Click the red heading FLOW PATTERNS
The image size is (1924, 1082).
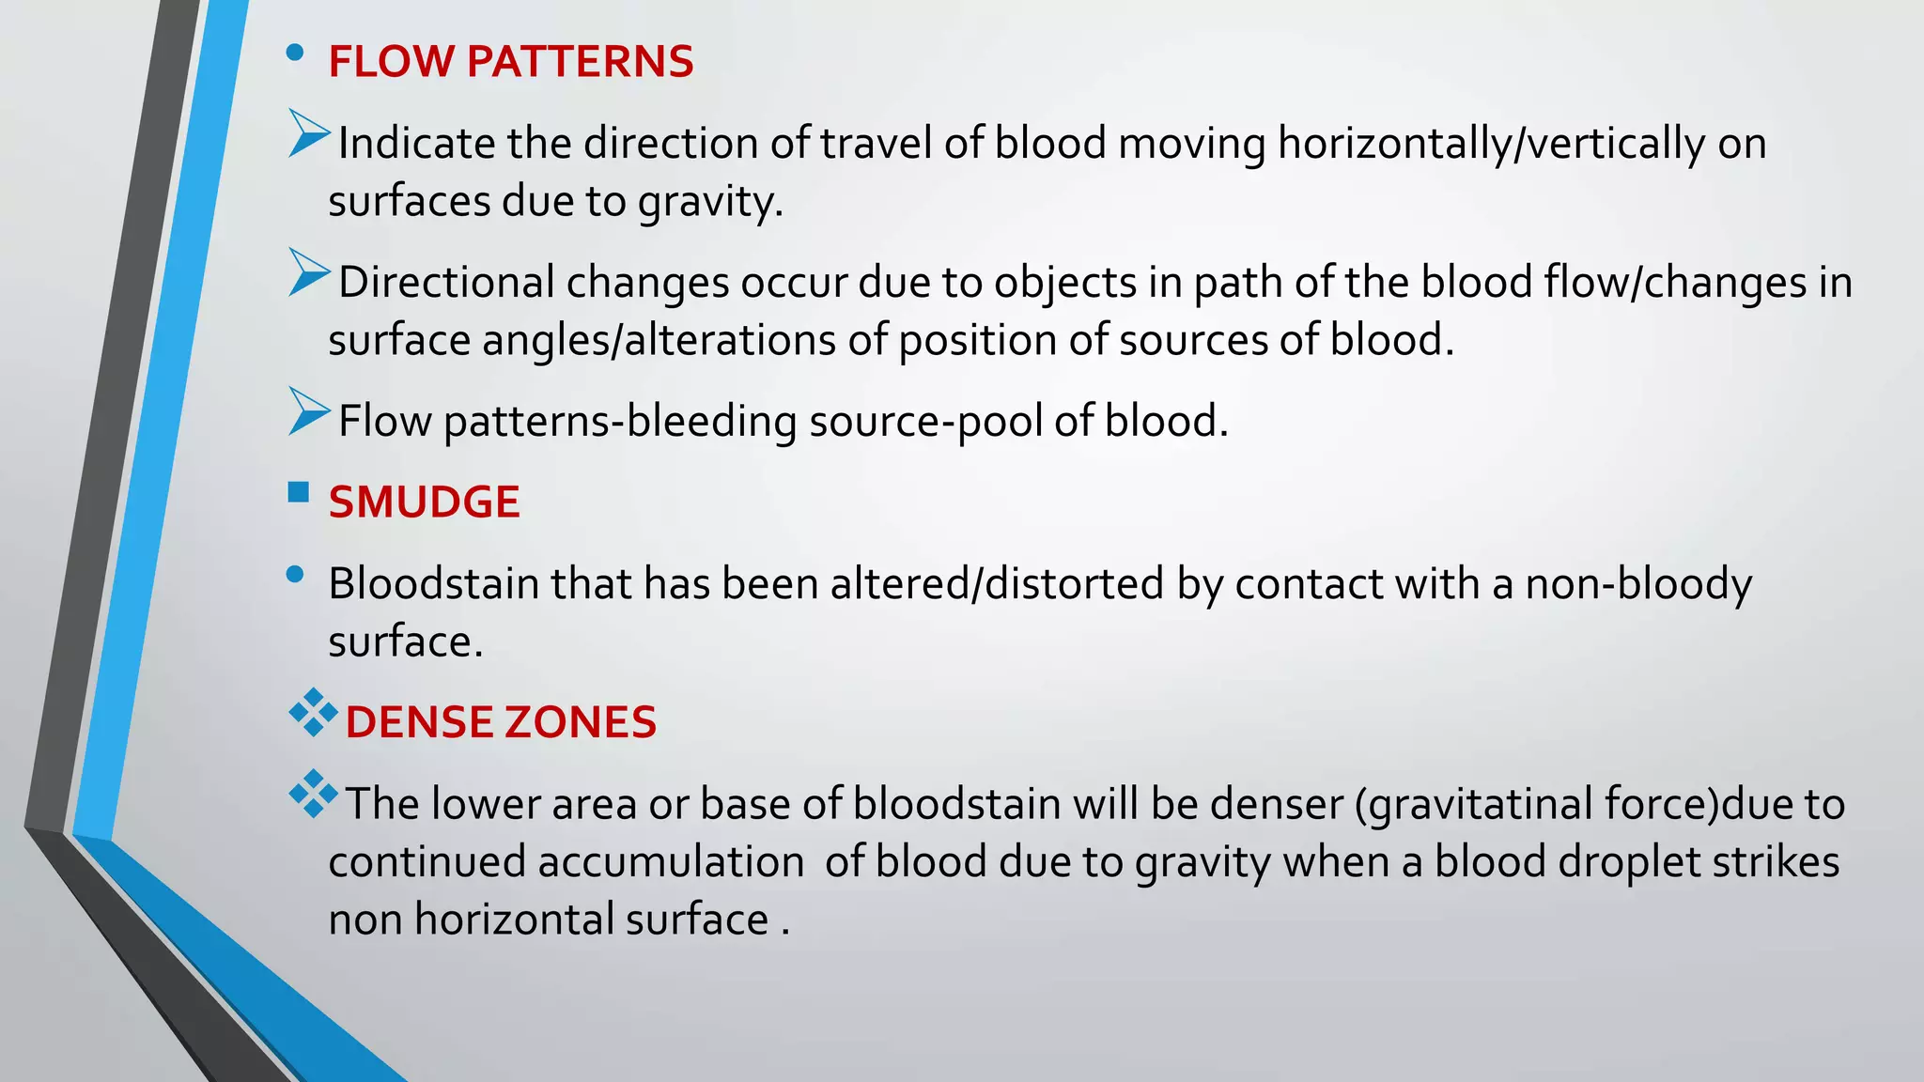(x=510, y=62)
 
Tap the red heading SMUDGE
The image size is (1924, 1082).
(x=424, y=502)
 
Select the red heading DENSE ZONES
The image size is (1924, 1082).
(x=500, y=722)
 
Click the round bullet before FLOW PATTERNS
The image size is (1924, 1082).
(x=295, y=54)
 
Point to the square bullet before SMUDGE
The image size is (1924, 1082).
(x=299, y=492)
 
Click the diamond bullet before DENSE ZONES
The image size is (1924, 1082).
(x=313, y=714)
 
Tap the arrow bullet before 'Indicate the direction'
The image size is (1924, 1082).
(x=308, y=134)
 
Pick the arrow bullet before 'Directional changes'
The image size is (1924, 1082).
(x=308, y=273)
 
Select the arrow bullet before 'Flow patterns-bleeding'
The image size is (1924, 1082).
(x=308, y=412)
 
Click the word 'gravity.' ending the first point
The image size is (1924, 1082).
(x=710, y=202)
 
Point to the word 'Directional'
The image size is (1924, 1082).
(x=446, y=283)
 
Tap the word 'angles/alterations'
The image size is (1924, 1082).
(x=659, y=340)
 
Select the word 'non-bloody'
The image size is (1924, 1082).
(x=1638, y=584)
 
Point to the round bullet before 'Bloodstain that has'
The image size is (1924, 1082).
(x=295, y=575)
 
